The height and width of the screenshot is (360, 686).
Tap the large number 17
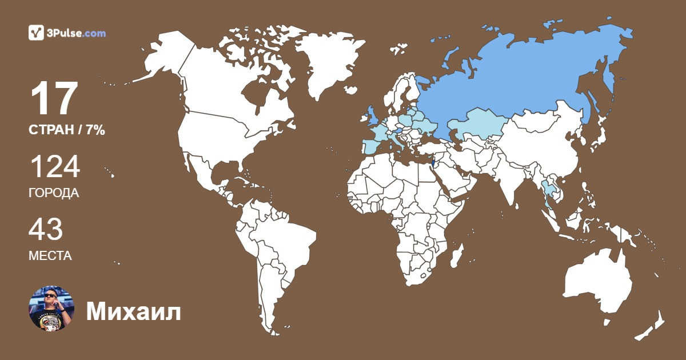(54, 99)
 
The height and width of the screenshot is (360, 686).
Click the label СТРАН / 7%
(67, 130)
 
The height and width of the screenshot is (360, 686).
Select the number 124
(54, 167)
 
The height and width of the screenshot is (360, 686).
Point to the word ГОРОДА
(54, 193)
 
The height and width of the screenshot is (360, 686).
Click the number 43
(46, 229)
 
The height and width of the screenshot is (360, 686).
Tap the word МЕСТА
(50, 255)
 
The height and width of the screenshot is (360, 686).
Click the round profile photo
(51, 309)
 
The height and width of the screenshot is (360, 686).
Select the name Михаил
(133, 312)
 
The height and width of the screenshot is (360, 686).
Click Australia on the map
(597, 283)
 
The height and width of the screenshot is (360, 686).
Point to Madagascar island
(456, 254)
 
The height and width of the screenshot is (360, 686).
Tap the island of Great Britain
(372, 114)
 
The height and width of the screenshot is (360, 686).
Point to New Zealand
(652, 326)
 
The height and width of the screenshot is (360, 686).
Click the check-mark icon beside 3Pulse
(36, 33)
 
